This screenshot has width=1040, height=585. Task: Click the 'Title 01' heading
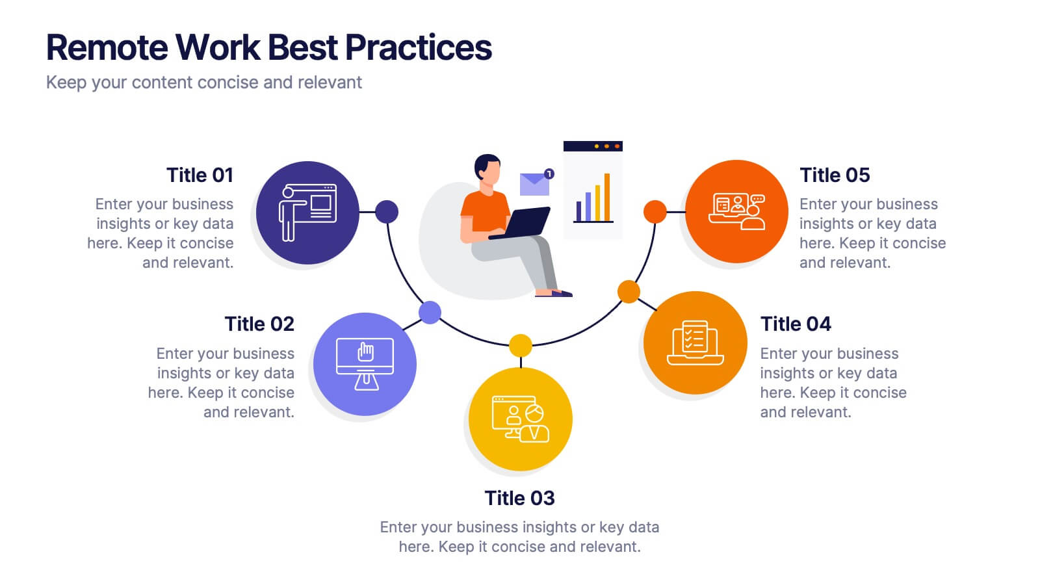pyautogui.click(x=199, y=175)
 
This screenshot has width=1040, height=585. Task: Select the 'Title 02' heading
pyautogui.click(x=259, y=324)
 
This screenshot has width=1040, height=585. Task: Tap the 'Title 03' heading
pyautogui.click(x=519, y=498)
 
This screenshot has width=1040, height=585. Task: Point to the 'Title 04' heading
pyautogui.click(x=796, y=324)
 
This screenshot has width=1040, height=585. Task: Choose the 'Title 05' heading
pyautogui.click(x=835, y=175)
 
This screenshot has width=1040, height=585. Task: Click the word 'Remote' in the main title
pyautogui.click(x=107, y=47)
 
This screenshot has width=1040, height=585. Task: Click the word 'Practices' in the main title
pyautogui.click(x=419, y=47)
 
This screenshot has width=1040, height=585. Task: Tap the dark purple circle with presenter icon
pyautogui.click(x=307, y=213)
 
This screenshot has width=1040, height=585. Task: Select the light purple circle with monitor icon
pyautogui.click(x=365, y=364)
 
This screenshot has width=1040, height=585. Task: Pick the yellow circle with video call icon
pyautogui.click(x=520, y=419)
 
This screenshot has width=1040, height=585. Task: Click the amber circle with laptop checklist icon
pyautogui.click(x=695, y=343)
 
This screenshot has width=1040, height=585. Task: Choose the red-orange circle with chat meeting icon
pyautogui.click(x=736, y=211)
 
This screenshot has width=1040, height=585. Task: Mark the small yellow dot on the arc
pyautogui.click(x=520, y=345)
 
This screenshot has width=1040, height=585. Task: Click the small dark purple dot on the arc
pyautogui.click(x=387, y=211)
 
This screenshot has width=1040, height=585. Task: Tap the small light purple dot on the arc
pyautogui.click(x=430, y=313)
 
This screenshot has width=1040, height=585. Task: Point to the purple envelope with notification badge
pyautogui.click(x=535, y=184)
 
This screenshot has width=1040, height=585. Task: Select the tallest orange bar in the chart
pyautogui.click(x=607, y=197)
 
